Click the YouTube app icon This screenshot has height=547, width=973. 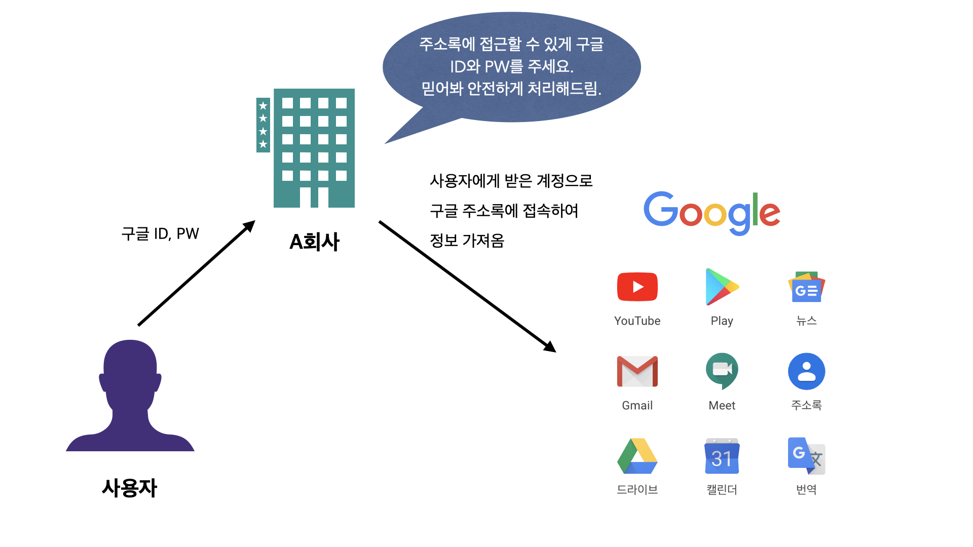pos(637,287)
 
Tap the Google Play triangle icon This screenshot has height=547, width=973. pos(721,287)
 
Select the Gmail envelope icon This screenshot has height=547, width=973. pos(637,371)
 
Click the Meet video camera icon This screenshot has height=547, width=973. pos(722,370)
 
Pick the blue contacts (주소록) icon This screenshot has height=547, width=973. pos(806,371)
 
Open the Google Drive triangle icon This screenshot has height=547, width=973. pos(637,456)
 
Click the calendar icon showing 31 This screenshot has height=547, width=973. pos(722,456)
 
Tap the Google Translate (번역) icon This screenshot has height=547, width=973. pos(806,456)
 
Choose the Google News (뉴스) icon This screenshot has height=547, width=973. pos(806,287)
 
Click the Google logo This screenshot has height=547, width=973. pos(712,212)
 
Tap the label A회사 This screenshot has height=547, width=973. pos(314,242)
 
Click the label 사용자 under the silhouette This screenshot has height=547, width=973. pos(130,488)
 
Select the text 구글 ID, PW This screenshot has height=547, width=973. pos(160,233)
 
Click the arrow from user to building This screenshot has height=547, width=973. pos(196,273)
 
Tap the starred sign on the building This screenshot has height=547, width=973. pos(263,125)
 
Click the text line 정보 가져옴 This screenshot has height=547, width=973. pos(467,241)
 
